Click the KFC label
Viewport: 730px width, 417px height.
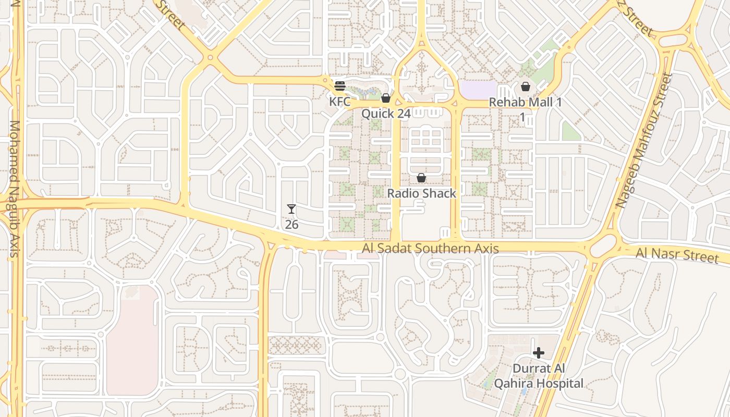coord(339,101)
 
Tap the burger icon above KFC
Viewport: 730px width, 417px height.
coord(340,86)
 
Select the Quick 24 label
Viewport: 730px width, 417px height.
coord(386,113)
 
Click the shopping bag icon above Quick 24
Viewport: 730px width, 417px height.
coord(386,98)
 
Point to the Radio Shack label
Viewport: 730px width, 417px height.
coord(421,193)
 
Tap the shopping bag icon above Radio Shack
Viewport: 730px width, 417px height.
coord(421,178)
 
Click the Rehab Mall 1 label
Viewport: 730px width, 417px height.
coord(525,102)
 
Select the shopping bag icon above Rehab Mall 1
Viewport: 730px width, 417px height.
coord(526,87)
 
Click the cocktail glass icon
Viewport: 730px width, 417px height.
coord(291,210)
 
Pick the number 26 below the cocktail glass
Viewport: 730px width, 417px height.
coord(291,225)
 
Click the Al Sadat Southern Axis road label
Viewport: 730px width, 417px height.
coord(430,249)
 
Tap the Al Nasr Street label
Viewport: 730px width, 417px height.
coord(677,255)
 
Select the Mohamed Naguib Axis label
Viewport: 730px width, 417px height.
coord(14,189)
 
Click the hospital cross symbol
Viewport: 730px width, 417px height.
coord(539,353)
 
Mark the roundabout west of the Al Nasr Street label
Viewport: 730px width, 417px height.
coord(603,246)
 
